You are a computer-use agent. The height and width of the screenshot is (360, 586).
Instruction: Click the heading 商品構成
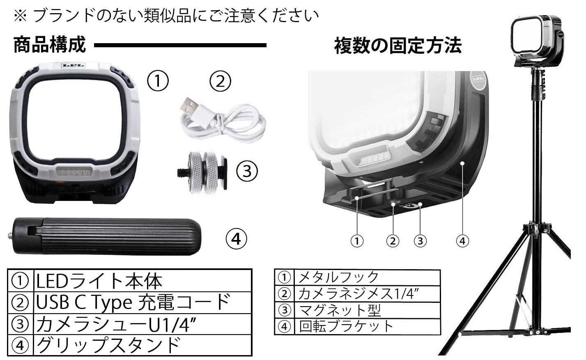50,45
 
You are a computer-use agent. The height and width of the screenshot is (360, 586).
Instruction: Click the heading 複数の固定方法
397,46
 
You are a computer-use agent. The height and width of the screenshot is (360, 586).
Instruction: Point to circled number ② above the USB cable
221,82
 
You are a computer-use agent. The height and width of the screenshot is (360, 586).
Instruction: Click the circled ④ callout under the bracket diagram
462,241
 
